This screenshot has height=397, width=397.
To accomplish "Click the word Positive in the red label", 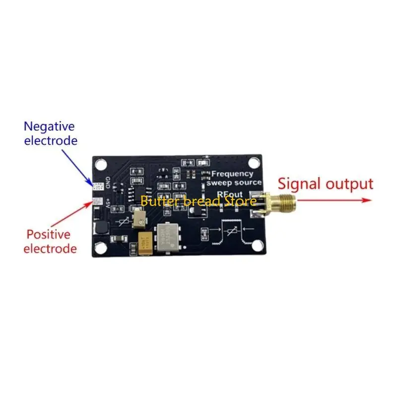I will pos(49,234).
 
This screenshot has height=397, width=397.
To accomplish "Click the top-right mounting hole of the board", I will pos(254,162).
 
